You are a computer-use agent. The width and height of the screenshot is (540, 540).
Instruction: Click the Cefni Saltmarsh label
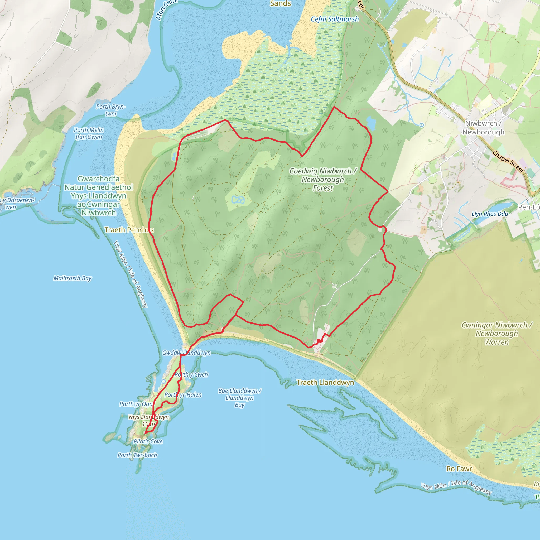click(x=335, y=19)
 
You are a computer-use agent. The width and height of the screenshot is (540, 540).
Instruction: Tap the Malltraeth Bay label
click(x=73, y=278)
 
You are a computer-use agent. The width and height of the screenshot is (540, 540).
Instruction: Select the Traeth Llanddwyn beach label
click(x=325, y=382)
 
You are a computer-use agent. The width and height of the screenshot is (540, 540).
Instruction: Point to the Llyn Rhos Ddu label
click(x=490, y=214)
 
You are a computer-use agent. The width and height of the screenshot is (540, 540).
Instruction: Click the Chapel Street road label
click(x=508, y=162)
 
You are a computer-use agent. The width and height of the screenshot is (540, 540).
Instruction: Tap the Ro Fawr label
click(x=459, y=469)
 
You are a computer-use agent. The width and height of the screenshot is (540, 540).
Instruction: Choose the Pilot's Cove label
click(x=148, y=442)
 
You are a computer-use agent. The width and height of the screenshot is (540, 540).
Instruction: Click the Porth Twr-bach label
click(x=137, y=455)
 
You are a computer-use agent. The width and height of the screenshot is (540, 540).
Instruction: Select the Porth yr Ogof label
click(x=136, y=404)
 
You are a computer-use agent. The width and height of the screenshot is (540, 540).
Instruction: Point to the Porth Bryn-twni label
click(x=111, y=110)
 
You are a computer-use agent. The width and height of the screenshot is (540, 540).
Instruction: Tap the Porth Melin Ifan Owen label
click(x=89, y=133)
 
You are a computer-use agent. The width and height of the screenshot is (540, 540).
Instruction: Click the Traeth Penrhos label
click(x=129, y=230)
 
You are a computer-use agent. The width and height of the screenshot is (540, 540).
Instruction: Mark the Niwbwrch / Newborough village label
click(x=483, y=128)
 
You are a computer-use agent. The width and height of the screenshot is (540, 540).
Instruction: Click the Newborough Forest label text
click(x=323, y=180)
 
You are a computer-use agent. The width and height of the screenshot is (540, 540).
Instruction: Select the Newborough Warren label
click(x=497, y=334)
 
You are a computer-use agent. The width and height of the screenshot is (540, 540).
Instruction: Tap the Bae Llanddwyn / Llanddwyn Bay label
click(x=239, y=397)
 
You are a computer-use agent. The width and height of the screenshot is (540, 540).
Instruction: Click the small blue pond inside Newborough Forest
click(x=238, y=200)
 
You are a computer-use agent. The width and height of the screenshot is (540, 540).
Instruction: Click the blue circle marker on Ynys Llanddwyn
click(x=163, y=382)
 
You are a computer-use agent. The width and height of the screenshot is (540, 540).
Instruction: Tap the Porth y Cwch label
click(x=191, y=374)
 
